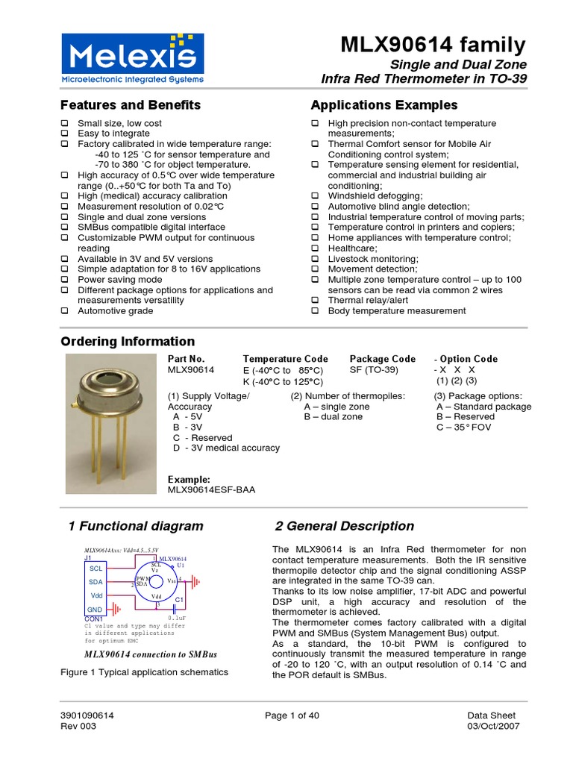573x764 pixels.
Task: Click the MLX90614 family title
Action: click(433, 45)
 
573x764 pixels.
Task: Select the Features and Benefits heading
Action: click(130, 105)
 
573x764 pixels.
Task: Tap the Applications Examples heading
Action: click(383, 105)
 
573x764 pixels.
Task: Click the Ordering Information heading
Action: click(127, 342)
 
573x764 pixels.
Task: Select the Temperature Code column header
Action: click(285, 359)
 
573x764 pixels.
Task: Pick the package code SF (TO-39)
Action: click(374, 370)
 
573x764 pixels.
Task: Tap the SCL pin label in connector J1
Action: click(95, 568)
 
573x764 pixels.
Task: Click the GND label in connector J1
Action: click(95, 610)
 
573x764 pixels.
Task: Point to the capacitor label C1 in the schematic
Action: click(179, 600)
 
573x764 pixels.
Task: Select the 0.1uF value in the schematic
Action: click(177, 619)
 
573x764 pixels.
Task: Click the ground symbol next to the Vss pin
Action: click(195, 580)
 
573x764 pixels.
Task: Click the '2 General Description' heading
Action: click(344, 526)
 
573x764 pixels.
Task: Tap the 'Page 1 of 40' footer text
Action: click(292, 716)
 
